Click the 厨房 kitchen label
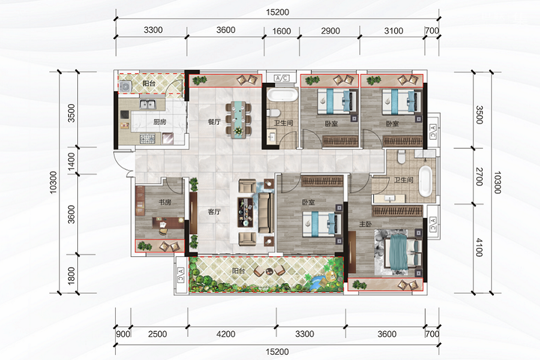[x=160, y=122]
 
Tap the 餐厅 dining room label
[x=214, y=122]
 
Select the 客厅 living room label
[x=214, y=212]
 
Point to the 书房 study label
[x=165, y=202]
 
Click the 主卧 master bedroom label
[x=365, y=224]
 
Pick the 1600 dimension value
[x=282, y=31]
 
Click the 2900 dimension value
[x=331, y=31]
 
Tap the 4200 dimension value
[x=226, y=334]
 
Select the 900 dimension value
[x=123, y=334]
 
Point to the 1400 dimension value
[x=71, y=161]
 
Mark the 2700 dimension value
[x=479, y=177]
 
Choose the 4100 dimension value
[x=479, y=248]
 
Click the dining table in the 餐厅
[x=238, y=119]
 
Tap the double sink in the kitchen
[x=148, y=103]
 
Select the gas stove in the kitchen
[x=148, y=139]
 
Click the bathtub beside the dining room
[x=282, y=95]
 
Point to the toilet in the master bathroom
[x=401, y=157]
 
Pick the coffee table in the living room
[x=245, y=212]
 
